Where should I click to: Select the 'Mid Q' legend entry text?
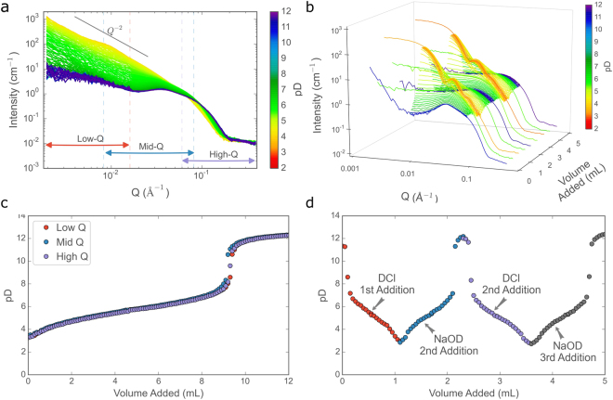(x=68, y=239)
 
